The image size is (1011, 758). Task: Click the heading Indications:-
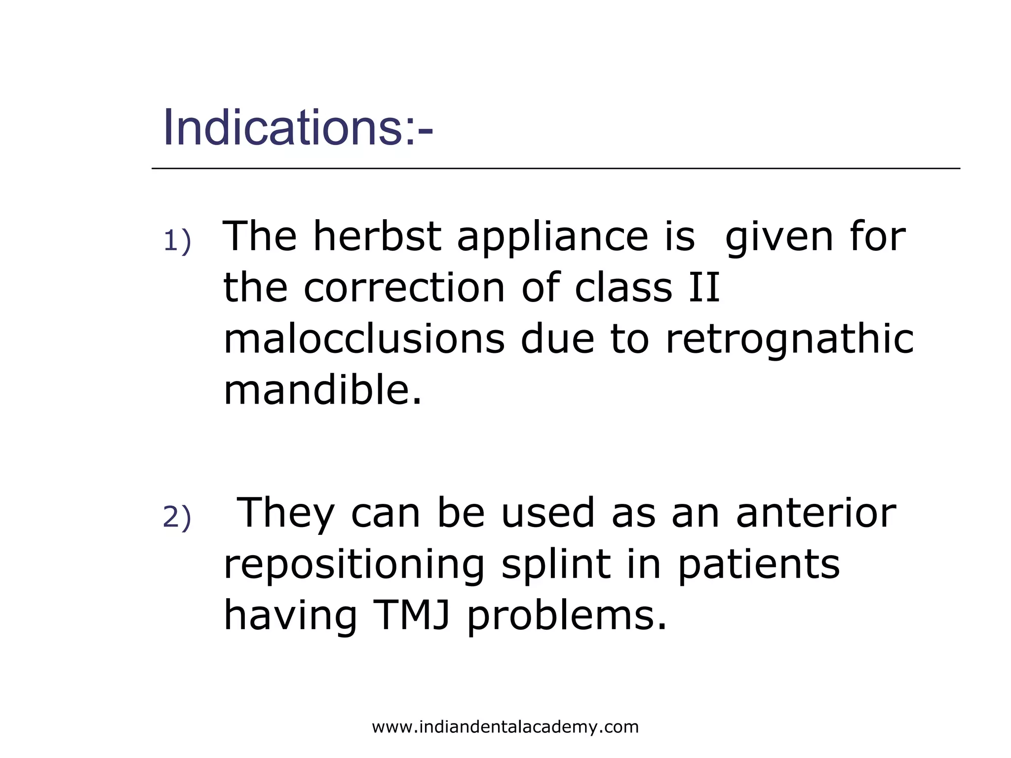coord(298,128)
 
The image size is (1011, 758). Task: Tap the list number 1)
coord(177,242)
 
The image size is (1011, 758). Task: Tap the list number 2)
coord(177,518)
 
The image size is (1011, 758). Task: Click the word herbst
coord(377,236)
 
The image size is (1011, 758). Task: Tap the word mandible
coord(323,390)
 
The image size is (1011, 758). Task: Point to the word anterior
coord(816,513)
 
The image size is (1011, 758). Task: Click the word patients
coord(758,566)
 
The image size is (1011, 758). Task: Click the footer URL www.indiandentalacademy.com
coord(505,727)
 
